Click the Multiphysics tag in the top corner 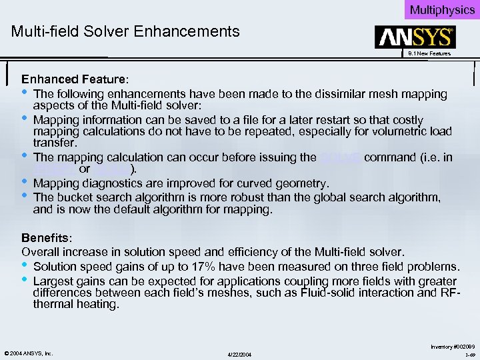(442, 9)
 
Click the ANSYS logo (415, 37)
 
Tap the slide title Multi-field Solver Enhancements (125, 31)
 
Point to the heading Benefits (44, 238)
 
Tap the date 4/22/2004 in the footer (240, 353)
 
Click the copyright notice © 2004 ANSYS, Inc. (28, 352)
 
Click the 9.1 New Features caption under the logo (429, 53)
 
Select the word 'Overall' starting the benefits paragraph (41, 252)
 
